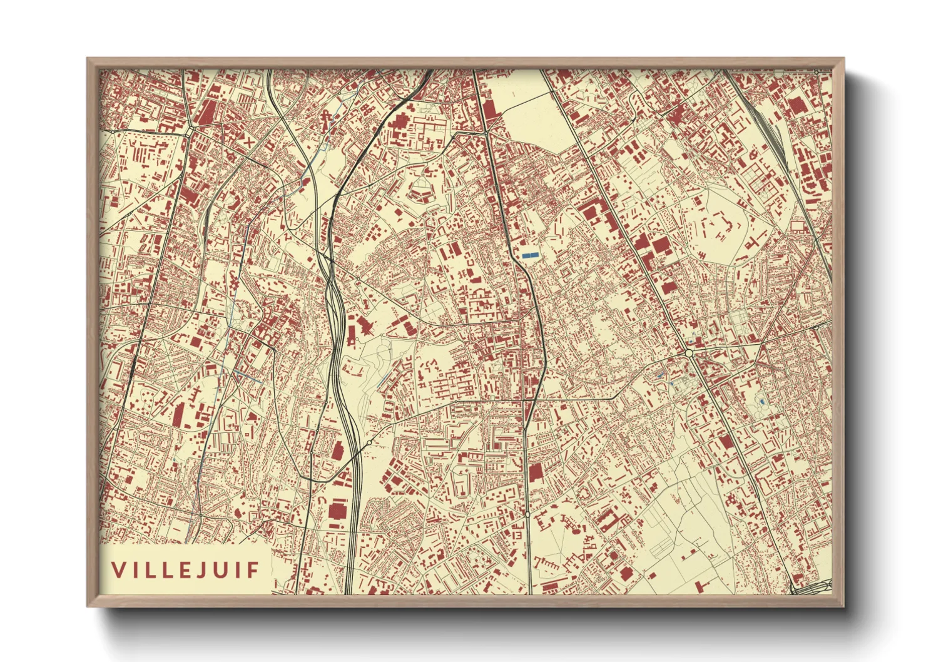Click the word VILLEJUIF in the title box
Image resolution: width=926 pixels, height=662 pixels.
[185, 570]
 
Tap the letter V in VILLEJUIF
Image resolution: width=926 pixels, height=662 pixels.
[117, 570]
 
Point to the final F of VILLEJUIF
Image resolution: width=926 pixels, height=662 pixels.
[253, 570]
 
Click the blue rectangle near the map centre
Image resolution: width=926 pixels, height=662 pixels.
[530, 255]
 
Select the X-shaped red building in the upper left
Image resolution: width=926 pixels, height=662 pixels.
[249, 142]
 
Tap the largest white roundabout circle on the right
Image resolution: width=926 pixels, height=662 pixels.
[689, 354]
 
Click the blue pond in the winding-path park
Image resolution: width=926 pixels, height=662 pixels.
[761, 400]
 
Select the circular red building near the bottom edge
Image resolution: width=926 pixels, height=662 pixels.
[613, 555]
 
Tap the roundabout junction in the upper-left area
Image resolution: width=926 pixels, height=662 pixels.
[189, 132]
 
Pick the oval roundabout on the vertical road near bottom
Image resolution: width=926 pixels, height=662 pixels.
[527, 514]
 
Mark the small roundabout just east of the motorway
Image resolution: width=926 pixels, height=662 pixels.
[370, 442]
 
